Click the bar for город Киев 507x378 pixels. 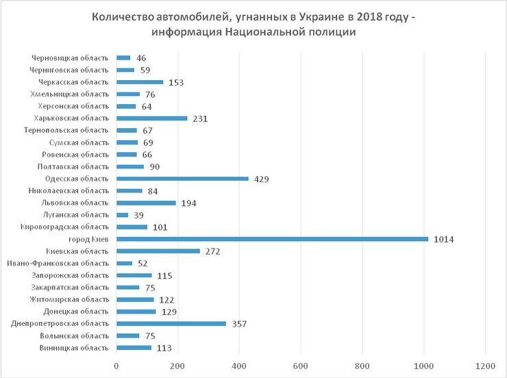(x=272, y=239)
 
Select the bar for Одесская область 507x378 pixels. (x=182, y=179)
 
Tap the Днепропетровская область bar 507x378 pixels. (x=171, y=323)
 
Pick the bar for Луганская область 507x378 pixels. (x=123, y=215)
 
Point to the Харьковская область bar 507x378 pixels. (x=152, y=118)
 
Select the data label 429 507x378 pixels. (x=261, y=179)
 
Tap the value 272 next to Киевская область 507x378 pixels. (x=213, y=251)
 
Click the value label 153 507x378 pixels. (x=175, y=82)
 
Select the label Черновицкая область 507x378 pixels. (x=70, y=58)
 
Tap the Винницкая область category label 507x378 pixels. (x=74, y=347)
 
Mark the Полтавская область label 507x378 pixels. (x=73, y=166)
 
